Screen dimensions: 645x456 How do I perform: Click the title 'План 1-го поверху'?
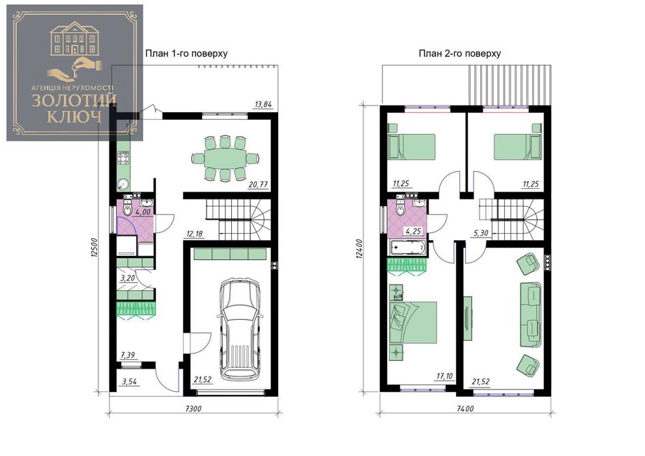[186, 53]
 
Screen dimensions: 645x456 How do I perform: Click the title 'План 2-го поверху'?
[459, 53]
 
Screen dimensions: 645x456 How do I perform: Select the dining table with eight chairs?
[225, 158]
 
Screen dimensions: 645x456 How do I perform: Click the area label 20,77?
[259, 184]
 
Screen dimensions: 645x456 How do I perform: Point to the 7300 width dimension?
[193, 408]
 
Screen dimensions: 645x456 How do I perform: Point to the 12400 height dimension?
[360, 249]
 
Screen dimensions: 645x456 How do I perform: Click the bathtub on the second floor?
[407, 248]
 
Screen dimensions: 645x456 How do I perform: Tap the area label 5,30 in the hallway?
[480, 233]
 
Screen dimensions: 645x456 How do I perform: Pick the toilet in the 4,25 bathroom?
[400, 207]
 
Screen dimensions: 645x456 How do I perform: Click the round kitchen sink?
[122, 184]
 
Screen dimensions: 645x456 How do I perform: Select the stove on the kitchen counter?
[123, 158]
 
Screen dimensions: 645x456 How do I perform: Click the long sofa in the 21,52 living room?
[530, 315]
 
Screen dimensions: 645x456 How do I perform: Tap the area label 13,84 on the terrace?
[263, 104]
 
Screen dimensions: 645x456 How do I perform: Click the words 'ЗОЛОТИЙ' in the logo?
[74, 101]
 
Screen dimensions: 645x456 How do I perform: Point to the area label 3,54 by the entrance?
[129, 382]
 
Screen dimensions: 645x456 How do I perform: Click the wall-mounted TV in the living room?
[468, 318]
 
